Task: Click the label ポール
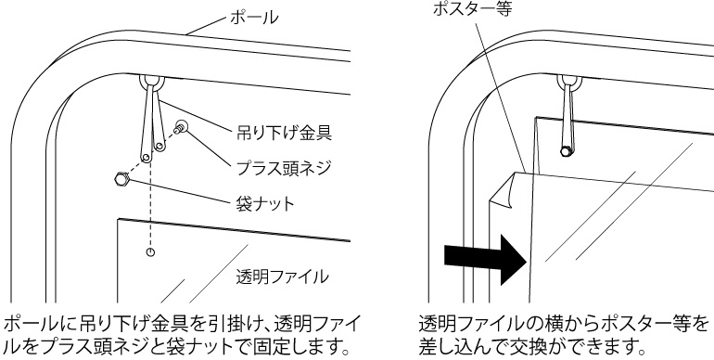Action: coord(254,18)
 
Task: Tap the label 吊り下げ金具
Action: coord(283,133)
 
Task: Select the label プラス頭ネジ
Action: coord(283,168)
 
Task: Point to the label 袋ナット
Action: coord(264,203)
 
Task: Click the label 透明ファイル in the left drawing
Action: coord(282,276)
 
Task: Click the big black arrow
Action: coord(485,260)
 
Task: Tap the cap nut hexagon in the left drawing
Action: coord(121,179)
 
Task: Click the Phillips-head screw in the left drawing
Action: coord(181,126)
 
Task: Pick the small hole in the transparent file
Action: coord(151,252)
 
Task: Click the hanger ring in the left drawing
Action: coord(152,84)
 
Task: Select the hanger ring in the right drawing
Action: coord(569,83)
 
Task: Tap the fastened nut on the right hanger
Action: coord(567,151)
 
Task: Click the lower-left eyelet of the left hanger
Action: coord(147,158)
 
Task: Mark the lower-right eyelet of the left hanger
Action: coord(159,147)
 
